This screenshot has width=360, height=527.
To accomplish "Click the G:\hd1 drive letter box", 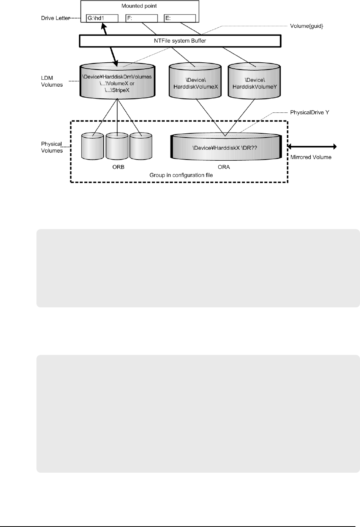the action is coord(102,18).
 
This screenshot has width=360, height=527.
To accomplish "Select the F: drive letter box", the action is coord(141,18).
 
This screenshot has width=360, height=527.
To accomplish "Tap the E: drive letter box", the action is coord(180,18).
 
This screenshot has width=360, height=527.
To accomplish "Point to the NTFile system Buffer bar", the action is coord(180,41).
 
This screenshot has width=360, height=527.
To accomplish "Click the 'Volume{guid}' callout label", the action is coord(307,26).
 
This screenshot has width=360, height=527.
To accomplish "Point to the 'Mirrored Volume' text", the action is coord(311,157).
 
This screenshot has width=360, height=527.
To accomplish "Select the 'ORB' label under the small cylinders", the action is coord(117,166).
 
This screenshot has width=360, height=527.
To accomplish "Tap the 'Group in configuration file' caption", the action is coord(181,175).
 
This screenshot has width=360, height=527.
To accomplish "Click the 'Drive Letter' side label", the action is coord(55,18).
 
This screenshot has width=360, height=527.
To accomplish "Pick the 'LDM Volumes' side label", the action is coord(52,81).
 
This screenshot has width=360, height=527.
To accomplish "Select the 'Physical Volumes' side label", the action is coord(52,147).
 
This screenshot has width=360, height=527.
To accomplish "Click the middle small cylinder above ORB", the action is coord(117,146).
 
